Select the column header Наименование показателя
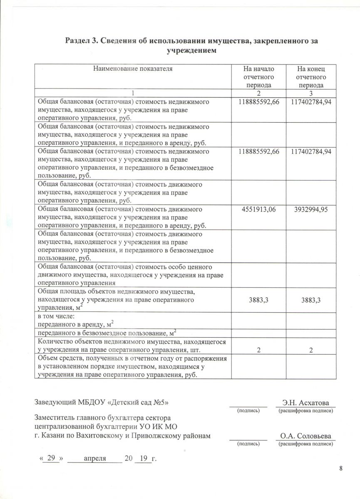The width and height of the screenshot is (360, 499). point(132,69)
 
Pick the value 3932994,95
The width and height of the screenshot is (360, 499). point(310,210)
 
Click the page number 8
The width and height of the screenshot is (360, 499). point(341,469)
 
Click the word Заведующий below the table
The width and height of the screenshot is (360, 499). point(55,403)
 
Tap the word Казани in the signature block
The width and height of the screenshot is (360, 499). point(55,436)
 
